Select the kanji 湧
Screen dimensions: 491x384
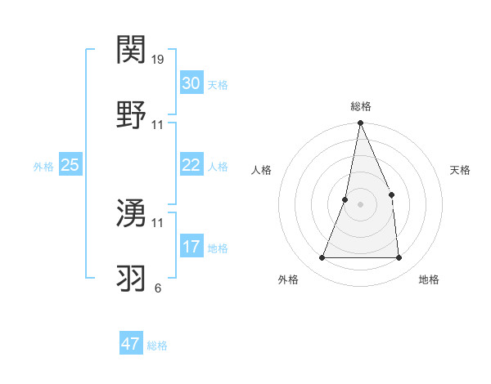(132, 212)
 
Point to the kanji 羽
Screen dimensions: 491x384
(132, 277)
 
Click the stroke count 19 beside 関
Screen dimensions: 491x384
(159, 59)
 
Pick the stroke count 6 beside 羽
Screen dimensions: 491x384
(158, 288)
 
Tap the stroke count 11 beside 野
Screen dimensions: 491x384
(158, 125)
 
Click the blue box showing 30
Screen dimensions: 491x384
(191, 83)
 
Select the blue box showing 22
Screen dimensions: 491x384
(191, 165)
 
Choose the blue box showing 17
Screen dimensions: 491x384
(191, 247)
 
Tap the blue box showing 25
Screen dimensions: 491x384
(70, 165)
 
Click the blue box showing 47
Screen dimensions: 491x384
(131, 344)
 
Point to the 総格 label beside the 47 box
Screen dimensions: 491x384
(157, 346)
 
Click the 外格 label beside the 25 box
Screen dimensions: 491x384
(43, 166)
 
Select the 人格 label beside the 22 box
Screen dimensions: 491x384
(218, 166)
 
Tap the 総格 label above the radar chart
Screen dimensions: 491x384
(361, 106)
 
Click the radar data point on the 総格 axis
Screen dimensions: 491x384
(360, 123)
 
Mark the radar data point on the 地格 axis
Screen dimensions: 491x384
(399, 258)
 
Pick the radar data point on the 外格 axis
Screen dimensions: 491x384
(322, 258)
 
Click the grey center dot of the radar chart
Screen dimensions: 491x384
(360, 204)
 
